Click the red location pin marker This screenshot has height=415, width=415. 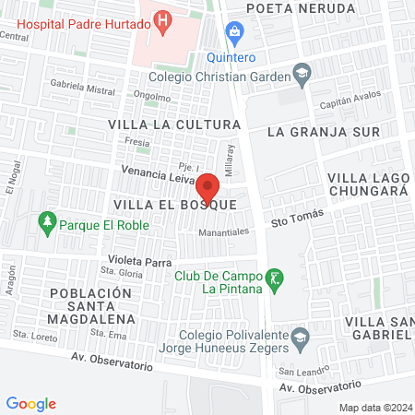point(207,187)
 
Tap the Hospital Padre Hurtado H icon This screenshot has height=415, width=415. point(163,18)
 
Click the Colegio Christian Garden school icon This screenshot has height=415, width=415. point(301,72)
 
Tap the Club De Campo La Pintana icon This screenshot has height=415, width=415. point(272,277)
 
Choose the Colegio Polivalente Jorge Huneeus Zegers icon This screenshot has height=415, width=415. point(300,339)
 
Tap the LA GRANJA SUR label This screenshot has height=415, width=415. point(323,132)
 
